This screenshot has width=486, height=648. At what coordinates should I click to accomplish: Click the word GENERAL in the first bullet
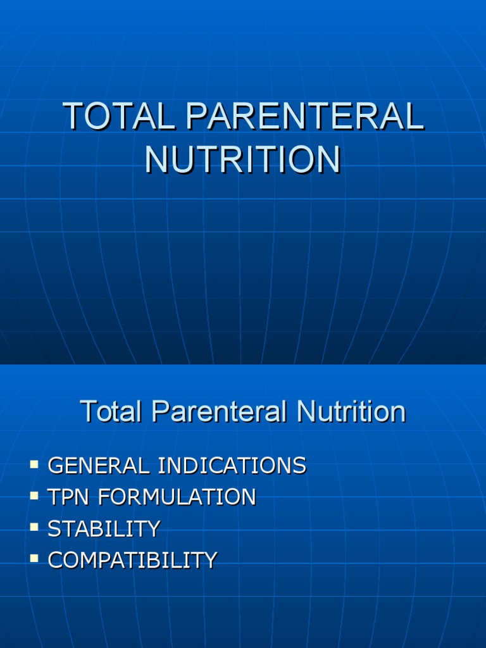(99, 466)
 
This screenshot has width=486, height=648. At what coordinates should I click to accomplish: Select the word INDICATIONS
(232, 466)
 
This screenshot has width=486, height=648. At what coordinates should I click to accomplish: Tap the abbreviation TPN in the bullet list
(66, 497)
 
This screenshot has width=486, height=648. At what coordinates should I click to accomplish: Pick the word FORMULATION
(177, 497)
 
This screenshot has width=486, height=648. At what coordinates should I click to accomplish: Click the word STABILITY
(104, 529)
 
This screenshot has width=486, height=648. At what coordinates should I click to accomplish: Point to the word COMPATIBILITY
(133, 561)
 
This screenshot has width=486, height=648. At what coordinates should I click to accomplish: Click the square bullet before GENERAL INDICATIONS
(34, 465)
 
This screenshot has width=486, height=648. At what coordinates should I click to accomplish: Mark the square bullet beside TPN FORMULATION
(34, 496)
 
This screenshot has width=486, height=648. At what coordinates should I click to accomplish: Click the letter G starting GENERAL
(55, 466)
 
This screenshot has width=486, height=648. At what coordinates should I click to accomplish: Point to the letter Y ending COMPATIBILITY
(211, 561)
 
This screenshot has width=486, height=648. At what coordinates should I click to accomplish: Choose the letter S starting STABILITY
(54, 529)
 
